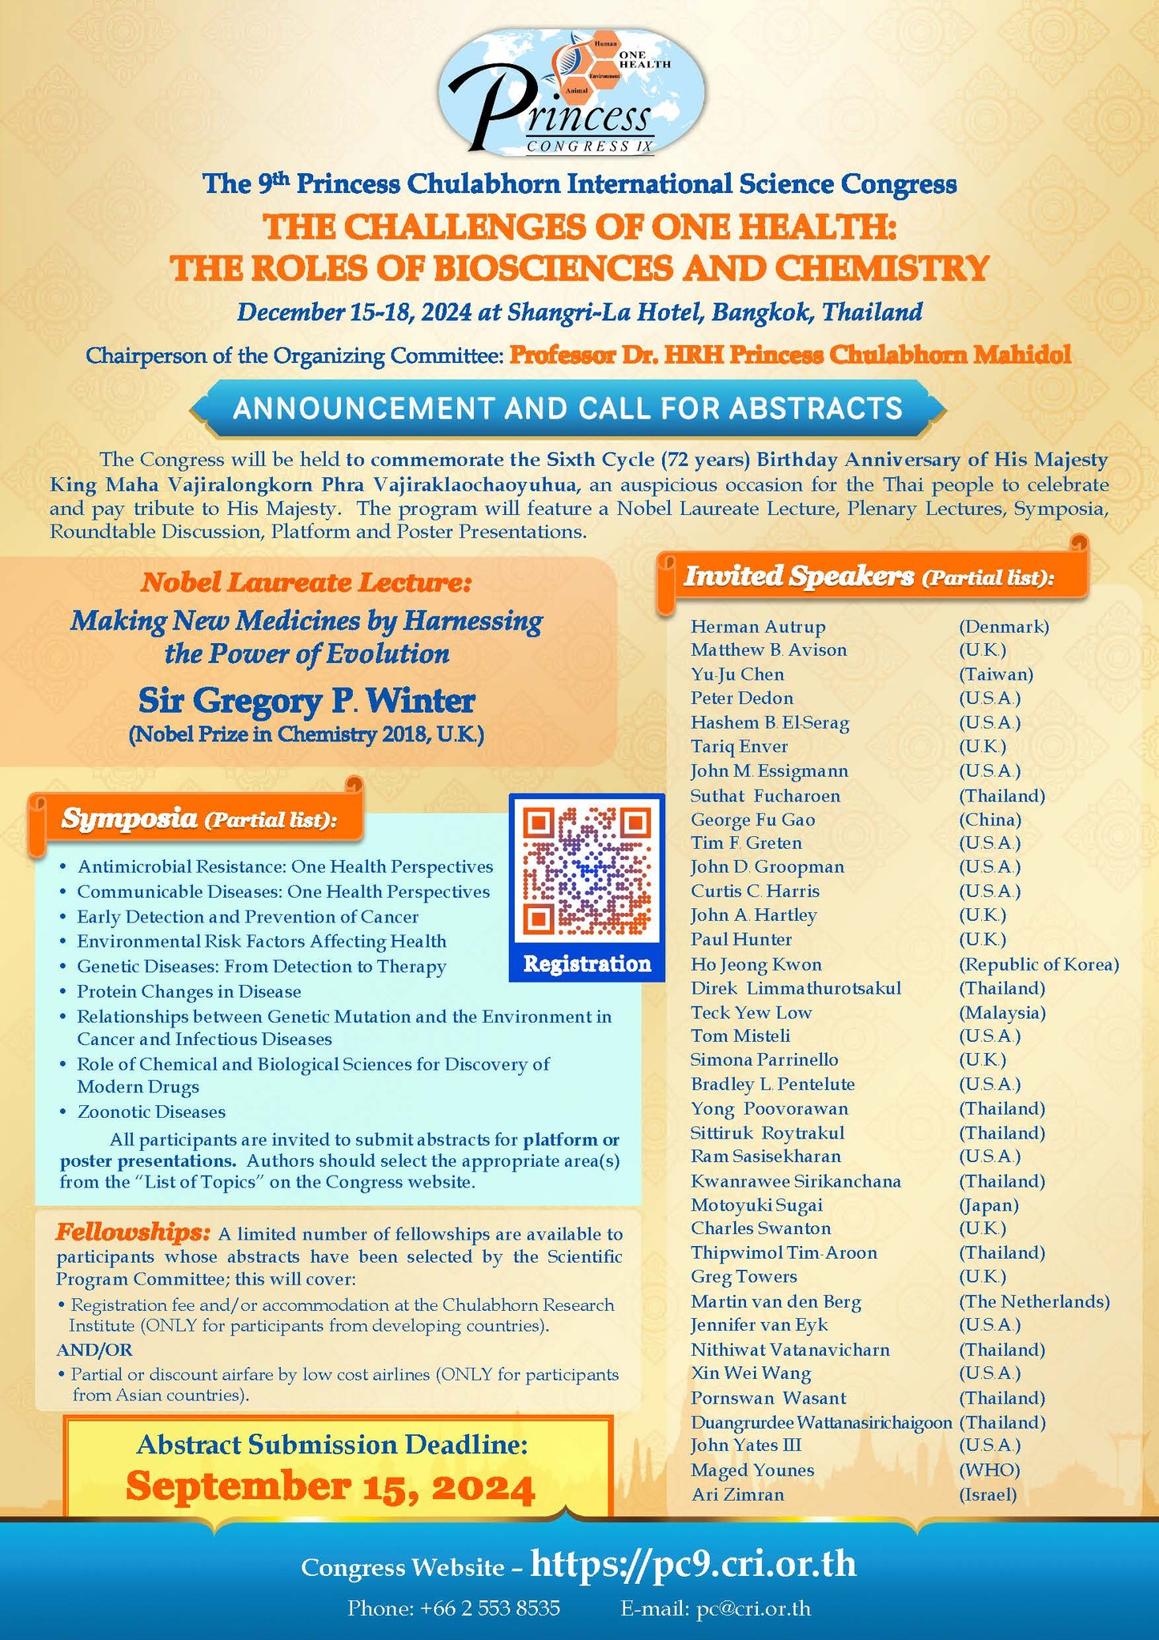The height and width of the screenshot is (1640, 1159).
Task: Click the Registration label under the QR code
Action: [587, 963]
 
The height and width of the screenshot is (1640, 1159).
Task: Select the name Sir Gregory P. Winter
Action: [307, 701]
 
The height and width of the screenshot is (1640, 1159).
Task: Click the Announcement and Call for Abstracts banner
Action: [567, 408]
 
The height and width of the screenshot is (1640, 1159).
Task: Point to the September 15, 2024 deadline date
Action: [331, 1486]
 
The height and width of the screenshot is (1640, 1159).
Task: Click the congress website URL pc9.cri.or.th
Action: [693, 1564]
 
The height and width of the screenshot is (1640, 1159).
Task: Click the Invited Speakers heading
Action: [868, 577]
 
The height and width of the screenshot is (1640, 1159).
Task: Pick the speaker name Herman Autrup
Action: [758, 626]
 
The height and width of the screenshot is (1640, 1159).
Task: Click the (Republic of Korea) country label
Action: [1038, 964]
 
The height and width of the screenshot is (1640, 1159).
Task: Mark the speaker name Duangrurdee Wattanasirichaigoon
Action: [821, 1422]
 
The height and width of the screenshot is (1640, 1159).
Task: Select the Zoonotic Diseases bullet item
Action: [151, 1111]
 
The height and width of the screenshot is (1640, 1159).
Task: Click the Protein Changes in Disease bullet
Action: [189, 991]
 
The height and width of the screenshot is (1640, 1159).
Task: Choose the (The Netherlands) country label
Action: [1034, 1301]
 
